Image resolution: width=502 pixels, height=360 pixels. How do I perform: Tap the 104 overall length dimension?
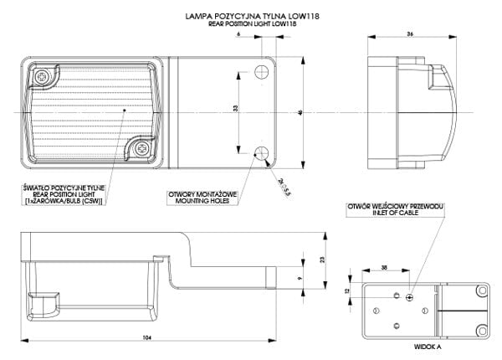[x=146, y=337]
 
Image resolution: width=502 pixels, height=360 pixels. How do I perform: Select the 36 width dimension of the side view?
[x=410, y=34]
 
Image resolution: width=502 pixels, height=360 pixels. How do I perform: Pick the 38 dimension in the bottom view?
[x=383, y=268]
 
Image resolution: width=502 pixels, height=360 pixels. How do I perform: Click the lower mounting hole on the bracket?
[x=262, y=153]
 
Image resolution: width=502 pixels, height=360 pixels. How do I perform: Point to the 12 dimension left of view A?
[x=345, y=290]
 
